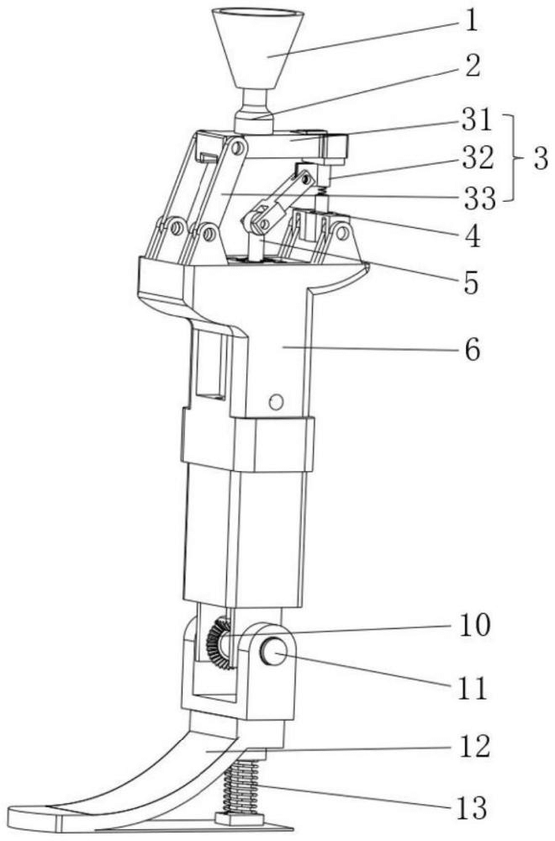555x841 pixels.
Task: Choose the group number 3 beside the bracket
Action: (x=541, y=158)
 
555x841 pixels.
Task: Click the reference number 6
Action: (x=473, y=349)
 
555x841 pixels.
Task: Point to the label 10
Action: (x=472, y=626)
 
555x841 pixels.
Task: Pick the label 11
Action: (x=472, y=689)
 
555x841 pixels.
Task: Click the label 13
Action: (x=472, y=808)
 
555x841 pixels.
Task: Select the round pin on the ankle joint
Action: (x=274, y=652)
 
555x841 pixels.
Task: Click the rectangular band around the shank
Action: (x=247, y=442)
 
